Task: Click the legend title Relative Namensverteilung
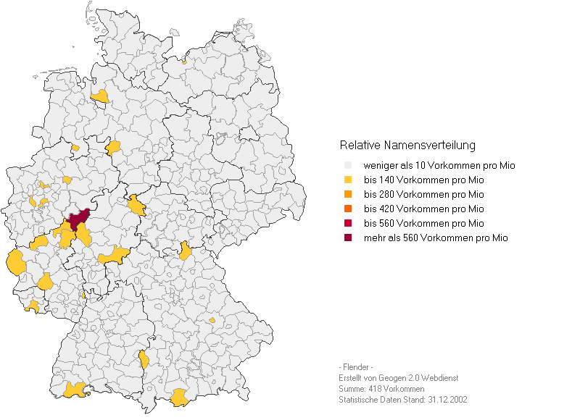click(407, 146)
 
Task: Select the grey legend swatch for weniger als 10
click(348, 166)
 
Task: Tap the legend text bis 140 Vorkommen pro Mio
click(423, 180)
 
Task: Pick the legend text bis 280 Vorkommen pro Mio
click(423, 195)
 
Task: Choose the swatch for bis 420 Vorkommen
click(348, 209)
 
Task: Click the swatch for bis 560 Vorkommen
click(348, 224)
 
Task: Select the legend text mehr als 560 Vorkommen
click(435, 238)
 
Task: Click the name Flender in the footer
click(356, 367)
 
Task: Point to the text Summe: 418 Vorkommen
click(381, 389)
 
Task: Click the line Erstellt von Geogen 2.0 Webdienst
click(398, 378)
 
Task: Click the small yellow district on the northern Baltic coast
click(184, 62)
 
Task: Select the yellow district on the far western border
click(15, 262)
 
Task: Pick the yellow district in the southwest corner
click(74, 390)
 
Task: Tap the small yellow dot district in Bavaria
click(212, 319)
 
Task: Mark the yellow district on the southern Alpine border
click(178, 397)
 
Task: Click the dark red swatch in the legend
click(348, 238)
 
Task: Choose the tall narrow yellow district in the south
click(144, 359)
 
